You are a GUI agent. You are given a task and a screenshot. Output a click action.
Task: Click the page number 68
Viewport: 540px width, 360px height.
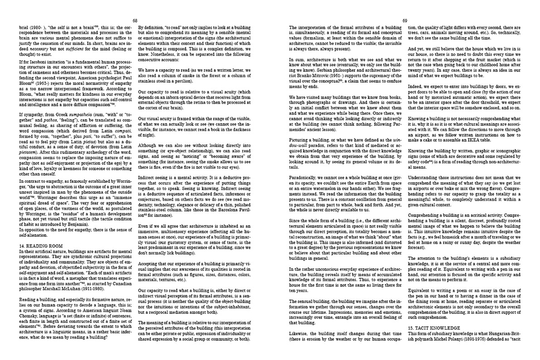point(135,5)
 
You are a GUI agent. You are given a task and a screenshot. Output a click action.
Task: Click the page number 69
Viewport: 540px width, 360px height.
point(404,5)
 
